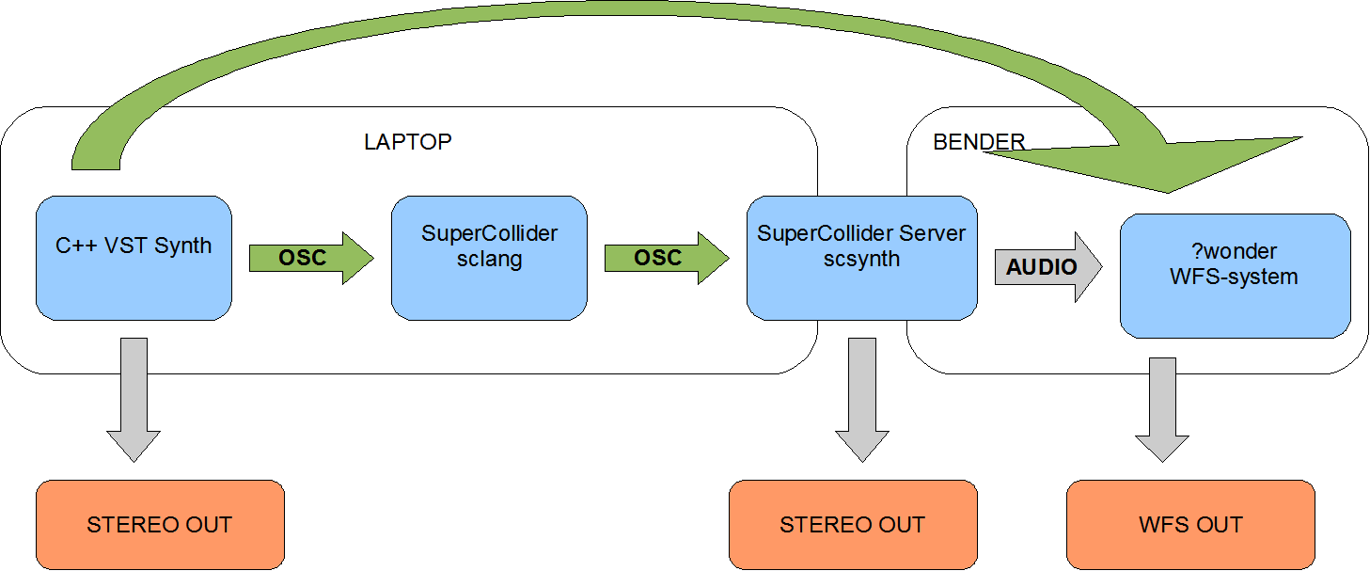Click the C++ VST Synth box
point(134,259)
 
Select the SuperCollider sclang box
point(489,259)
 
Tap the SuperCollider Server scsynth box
point(861,259)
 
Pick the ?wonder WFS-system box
point(1236,276)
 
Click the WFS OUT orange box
point(1190,525)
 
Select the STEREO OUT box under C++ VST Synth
point(160,525)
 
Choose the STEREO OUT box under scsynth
point(853,525)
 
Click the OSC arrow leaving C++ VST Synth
point(311,259)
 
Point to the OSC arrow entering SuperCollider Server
point(667,259)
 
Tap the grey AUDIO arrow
point(1048,267)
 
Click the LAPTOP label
point(408,142)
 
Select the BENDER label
point(979,142)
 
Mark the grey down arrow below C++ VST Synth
point(134,400)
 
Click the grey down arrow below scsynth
point(862,400)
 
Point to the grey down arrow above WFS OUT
point(1162,410)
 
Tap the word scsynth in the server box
point(861,260)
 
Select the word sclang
point(489,260)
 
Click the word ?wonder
point(1235,251)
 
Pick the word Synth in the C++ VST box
point(182,246)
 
